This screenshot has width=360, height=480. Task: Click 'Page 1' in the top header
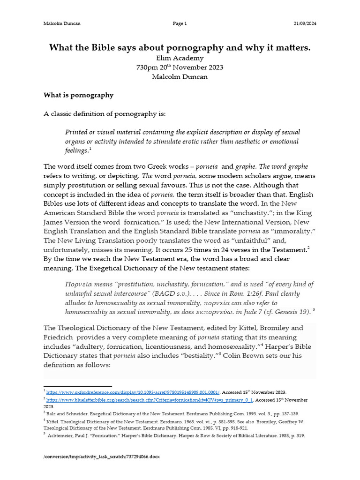(x=180, y=24)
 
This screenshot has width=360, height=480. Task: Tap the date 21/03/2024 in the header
(x=304, y=24)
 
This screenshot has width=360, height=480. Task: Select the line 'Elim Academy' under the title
(x=180, y=58)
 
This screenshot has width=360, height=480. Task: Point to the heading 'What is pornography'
(x=78, y=95)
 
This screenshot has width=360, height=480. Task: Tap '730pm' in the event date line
(x=147, y=67)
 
